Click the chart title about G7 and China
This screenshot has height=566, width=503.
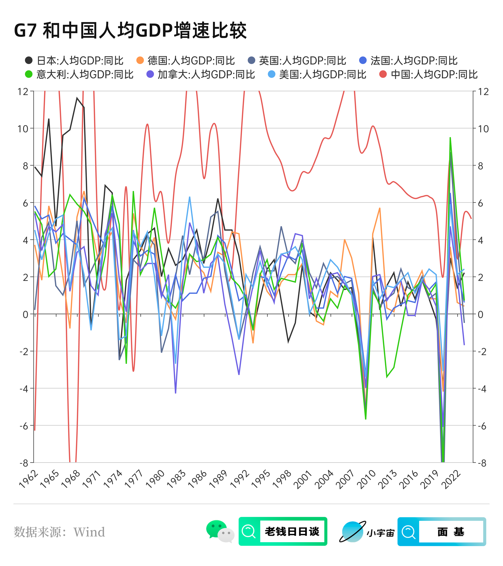(130, 31)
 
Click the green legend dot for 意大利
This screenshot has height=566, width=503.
(29, 74)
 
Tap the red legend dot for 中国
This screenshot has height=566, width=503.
(383, 74)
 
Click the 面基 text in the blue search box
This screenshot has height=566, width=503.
(451, 532)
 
